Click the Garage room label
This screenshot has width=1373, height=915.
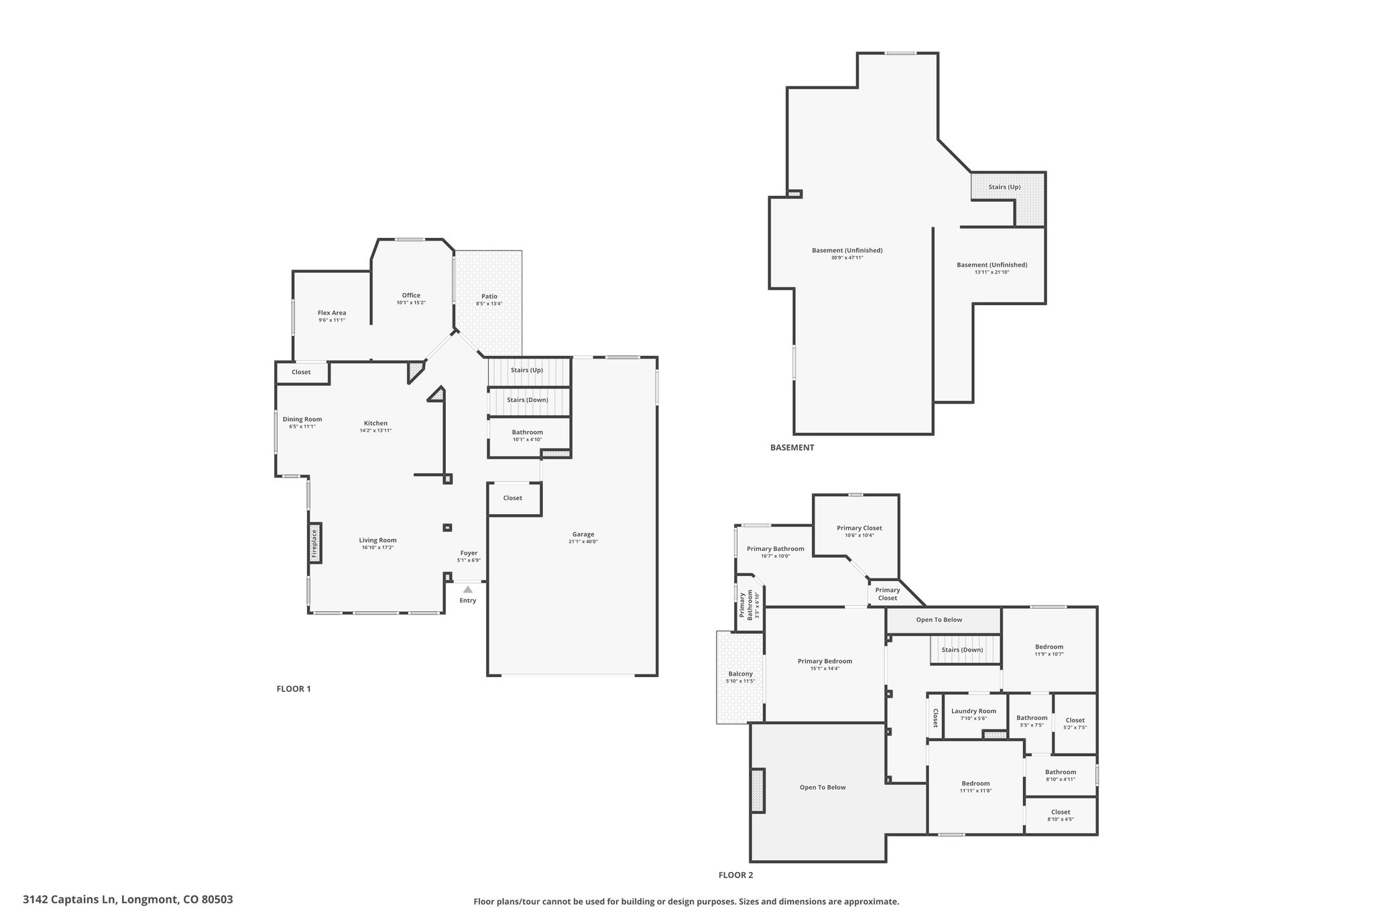point(583,534)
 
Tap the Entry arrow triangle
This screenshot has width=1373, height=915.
point(468,589)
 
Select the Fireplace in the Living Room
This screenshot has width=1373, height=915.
point(315,544)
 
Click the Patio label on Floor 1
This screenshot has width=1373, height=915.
point(489,296)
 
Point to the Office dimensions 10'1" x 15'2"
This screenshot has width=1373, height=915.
point(411,302)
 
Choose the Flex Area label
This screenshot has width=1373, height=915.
point(332,312)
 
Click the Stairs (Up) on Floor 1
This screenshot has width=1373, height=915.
point(529,371)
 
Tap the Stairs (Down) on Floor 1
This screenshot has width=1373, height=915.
point(529,402)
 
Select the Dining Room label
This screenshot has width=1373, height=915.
point(302,419)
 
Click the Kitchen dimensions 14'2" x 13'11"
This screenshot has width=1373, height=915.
point(375,430)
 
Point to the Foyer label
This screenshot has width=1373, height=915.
point(469,553)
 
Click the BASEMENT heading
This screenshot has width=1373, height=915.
point(792,447)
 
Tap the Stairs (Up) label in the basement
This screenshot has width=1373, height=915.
point(1004,186)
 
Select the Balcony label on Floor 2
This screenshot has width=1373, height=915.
point(740,674)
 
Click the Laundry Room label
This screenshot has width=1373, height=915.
point(973,711)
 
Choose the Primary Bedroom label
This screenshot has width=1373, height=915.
point(825,661)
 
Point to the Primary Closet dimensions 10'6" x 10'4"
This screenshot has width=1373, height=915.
point(859,535)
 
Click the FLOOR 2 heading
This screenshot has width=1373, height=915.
point(735,875)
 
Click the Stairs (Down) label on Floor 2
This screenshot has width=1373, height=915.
point(962,650)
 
